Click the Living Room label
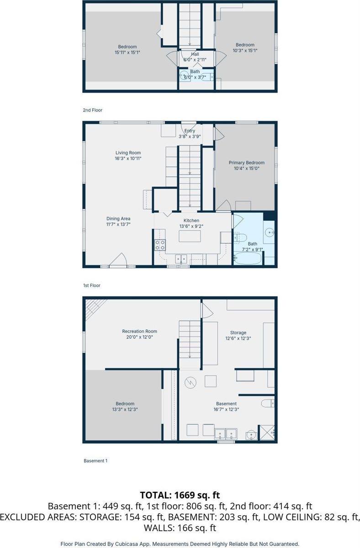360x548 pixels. click(128, 153)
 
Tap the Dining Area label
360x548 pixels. click(118, 219)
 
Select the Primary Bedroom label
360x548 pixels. click(246, 163)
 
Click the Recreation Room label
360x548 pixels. click(139, 331)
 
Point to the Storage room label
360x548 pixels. click(238, 333)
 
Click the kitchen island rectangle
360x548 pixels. click(190, 236)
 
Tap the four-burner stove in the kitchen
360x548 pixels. click(160, 245)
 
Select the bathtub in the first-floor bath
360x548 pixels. click(248, 258)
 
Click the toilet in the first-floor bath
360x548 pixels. click(240, 237)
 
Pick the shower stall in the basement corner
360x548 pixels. click(266, 433)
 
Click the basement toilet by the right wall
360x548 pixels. click(268, 403)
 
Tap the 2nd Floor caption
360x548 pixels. click(92, 111)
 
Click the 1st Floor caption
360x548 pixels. click(92, 285)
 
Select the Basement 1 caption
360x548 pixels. click(95, 461)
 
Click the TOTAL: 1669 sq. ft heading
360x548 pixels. click(180, 495)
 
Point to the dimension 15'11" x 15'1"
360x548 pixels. click(127, 53)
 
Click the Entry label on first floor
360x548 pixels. click(190, 131)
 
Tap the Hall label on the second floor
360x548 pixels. click(195, 54)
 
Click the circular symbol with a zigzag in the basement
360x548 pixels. click(191, 383)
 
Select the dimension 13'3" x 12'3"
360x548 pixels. click(125, 409)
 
